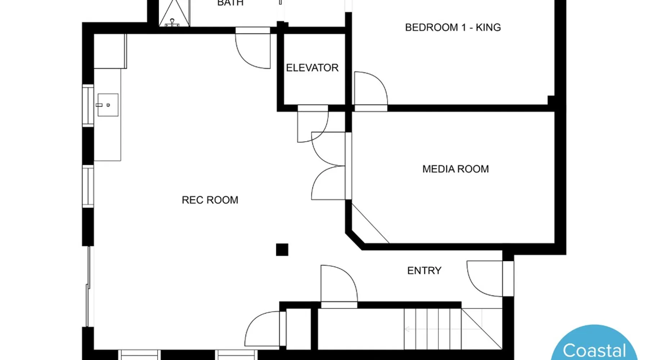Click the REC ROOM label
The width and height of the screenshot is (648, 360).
[x=210, y=200]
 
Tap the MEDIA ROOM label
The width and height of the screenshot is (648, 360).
[x=455, y=169]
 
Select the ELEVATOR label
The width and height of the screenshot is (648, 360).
[x=312, y=68]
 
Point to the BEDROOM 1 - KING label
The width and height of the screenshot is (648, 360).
[x=453, y=27]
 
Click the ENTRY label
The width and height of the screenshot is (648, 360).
[x=424, y=271]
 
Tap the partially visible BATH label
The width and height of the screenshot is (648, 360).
[x=230, y=3]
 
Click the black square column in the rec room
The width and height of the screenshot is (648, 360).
[x=282, y=249]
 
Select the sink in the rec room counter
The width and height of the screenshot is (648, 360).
[x=108, y=105]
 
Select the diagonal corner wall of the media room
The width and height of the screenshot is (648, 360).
[x=354, y=241]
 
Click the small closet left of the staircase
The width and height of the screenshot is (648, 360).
[x=298, y=329]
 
